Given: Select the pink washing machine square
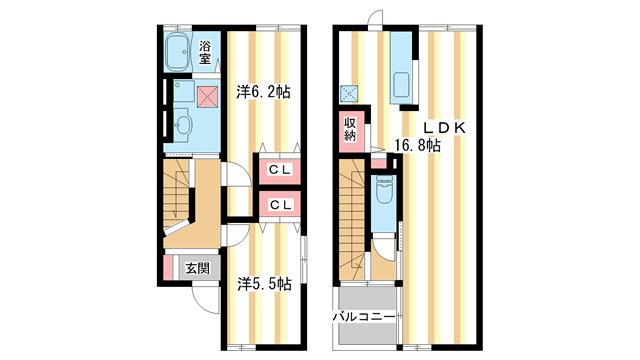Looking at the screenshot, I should coord(207,95).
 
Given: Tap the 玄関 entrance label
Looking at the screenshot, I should coord(197,268).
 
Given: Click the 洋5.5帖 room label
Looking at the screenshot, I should coord(263,283).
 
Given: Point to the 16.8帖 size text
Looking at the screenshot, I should coord(417,146).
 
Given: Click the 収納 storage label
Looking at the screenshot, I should coord(351,130).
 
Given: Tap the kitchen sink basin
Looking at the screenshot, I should coord(403,84).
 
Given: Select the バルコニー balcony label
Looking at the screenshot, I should coord(366,317).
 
